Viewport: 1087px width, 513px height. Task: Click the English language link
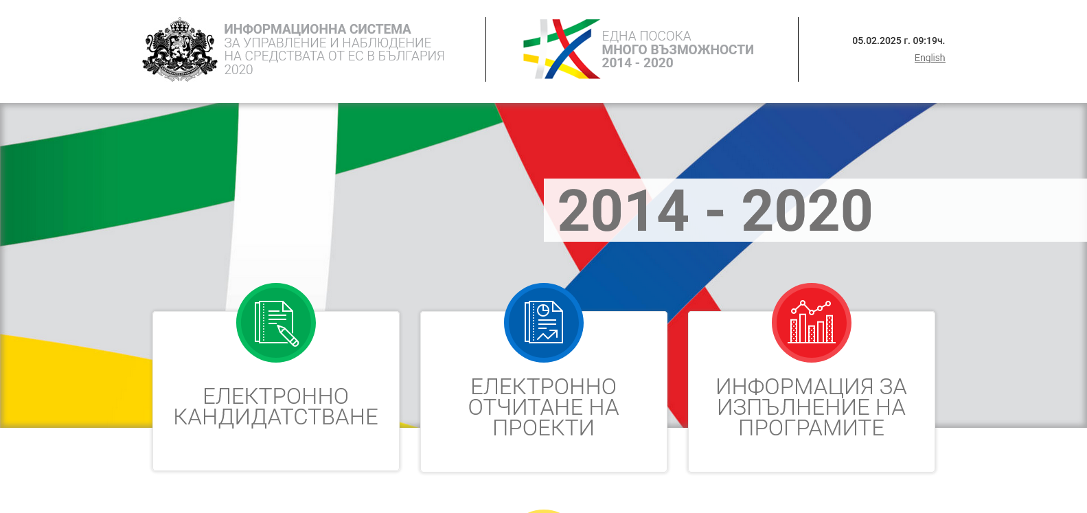929,58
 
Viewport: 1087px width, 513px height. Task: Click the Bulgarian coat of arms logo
180,49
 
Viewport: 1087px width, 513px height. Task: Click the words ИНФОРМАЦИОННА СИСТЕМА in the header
317,29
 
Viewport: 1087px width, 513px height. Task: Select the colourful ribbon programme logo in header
562,49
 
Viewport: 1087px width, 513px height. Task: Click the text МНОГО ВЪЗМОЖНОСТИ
678,49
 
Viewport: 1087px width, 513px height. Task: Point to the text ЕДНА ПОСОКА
646,36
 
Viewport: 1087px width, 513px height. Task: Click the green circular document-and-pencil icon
275,323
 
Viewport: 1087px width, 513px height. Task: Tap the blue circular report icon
544,323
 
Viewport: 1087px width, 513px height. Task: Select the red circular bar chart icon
812,323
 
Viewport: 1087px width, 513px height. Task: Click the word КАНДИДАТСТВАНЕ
275,417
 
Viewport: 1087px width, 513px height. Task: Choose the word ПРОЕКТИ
544,428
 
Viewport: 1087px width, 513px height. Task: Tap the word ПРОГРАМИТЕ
812,428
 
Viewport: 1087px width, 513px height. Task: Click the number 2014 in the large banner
623,211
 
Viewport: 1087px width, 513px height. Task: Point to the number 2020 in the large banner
807,211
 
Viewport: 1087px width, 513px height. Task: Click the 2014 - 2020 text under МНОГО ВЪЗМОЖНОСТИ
638,63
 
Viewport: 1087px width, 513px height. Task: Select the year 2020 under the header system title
238,70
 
